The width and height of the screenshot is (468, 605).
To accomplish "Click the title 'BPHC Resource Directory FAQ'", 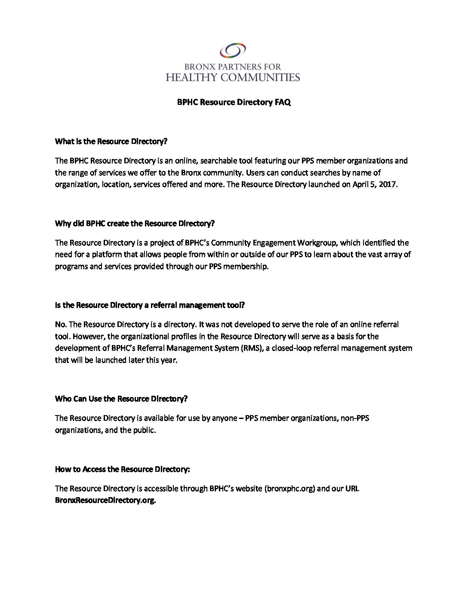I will click(x=234, y=103).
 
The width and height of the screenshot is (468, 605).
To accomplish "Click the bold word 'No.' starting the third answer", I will click(x=61, y=324).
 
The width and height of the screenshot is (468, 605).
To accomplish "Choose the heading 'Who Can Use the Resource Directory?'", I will click(x=121, y=398).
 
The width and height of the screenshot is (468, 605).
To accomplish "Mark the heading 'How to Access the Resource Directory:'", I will click(x=122, y=469).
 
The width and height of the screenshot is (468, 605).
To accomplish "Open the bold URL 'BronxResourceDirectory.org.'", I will click(x=105, y=500).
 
